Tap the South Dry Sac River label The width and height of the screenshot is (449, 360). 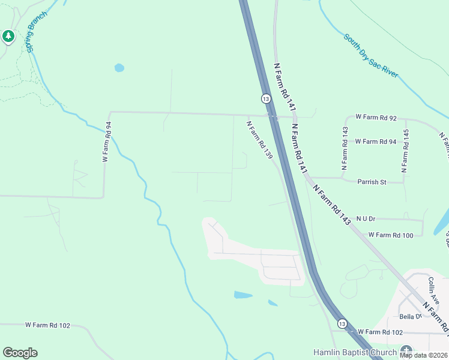(x=371, y=56)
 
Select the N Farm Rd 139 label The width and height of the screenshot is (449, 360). (x=260, y=140)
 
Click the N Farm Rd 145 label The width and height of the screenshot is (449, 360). (x=406, y=148)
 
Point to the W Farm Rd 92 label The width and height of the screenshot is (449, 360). (x=376, y=118)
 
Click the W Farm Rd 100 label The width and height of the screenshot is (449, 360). (x=391, y=235)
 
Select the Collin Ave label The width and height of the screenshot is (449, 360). (x=435, y=289)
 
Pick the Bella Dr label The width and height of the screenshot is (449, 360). (x=410, y=316)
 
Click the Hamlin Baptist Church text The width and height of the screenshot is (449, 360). (x=355, y=352)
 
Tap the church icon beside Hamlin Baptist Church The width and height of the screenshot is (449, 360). (x=406, y=351)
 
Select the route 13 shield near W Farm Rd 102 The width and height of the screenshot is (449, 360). (x=342, y=323)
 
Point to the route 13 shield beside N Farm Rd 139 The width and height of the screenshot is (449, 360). (x=265, y=98)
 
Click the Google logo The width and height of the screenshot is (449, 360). (x=20, y=353)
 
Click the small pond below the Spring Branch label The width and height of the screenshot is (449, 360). (x=119, y=68)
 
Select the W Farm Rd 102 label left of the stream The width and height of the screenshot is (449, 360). (x=47, y=325)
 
